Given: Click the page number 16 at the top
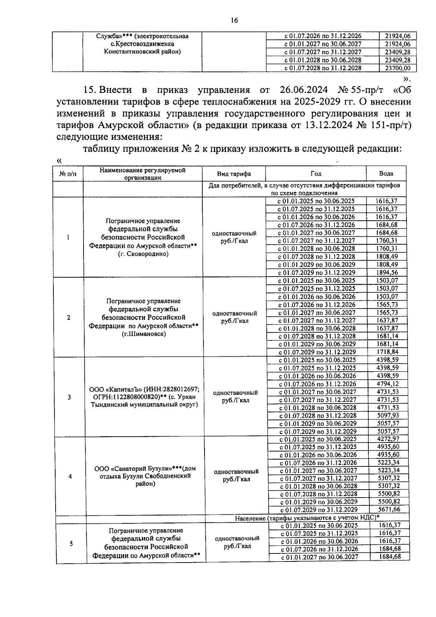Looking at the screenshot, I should pyautogui.click(x=234, y=21).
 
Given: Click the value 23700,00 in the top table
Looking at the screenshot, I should pyautogui.click(x=398, y=68).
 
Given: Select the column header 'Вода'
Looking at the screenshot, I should pyautogui.click(x=386, y=173).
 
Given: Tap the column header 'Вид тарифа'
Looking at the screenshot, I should pyautogui.click(x=234, y=174).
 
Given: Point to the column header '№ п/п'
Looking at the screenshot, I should pyautogui.click(x=68, y=174).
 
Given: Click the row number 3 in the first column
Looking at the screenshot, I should pyautogui.click(x=69, y=397).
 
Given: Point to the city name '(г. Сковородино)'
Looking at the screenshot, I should pyautogui.click(x=143, y=254).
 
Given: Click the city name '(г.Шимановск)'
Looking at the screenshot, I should pyautogui.click(x=144, y=334).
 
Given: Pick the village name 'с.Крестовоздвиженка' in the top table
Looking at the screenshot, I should pyautogui.click(x=142, y=44).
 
